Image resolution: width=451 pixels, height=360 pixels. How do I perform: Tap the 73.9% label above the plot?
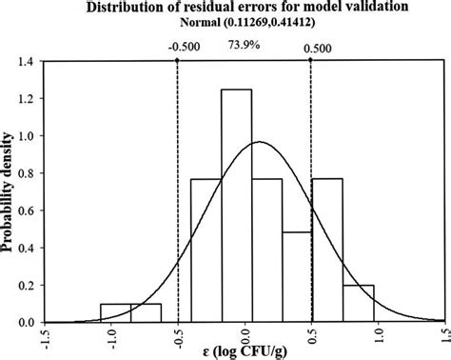244,43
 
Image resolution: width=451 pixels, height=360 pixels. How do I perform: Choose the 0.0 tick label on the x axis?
245,338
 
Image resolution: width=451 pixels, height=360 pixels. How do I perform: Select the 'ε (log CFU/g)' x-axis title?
245,353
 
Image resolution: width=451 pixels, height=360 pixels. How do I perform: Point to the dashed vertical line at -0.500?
178,190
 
